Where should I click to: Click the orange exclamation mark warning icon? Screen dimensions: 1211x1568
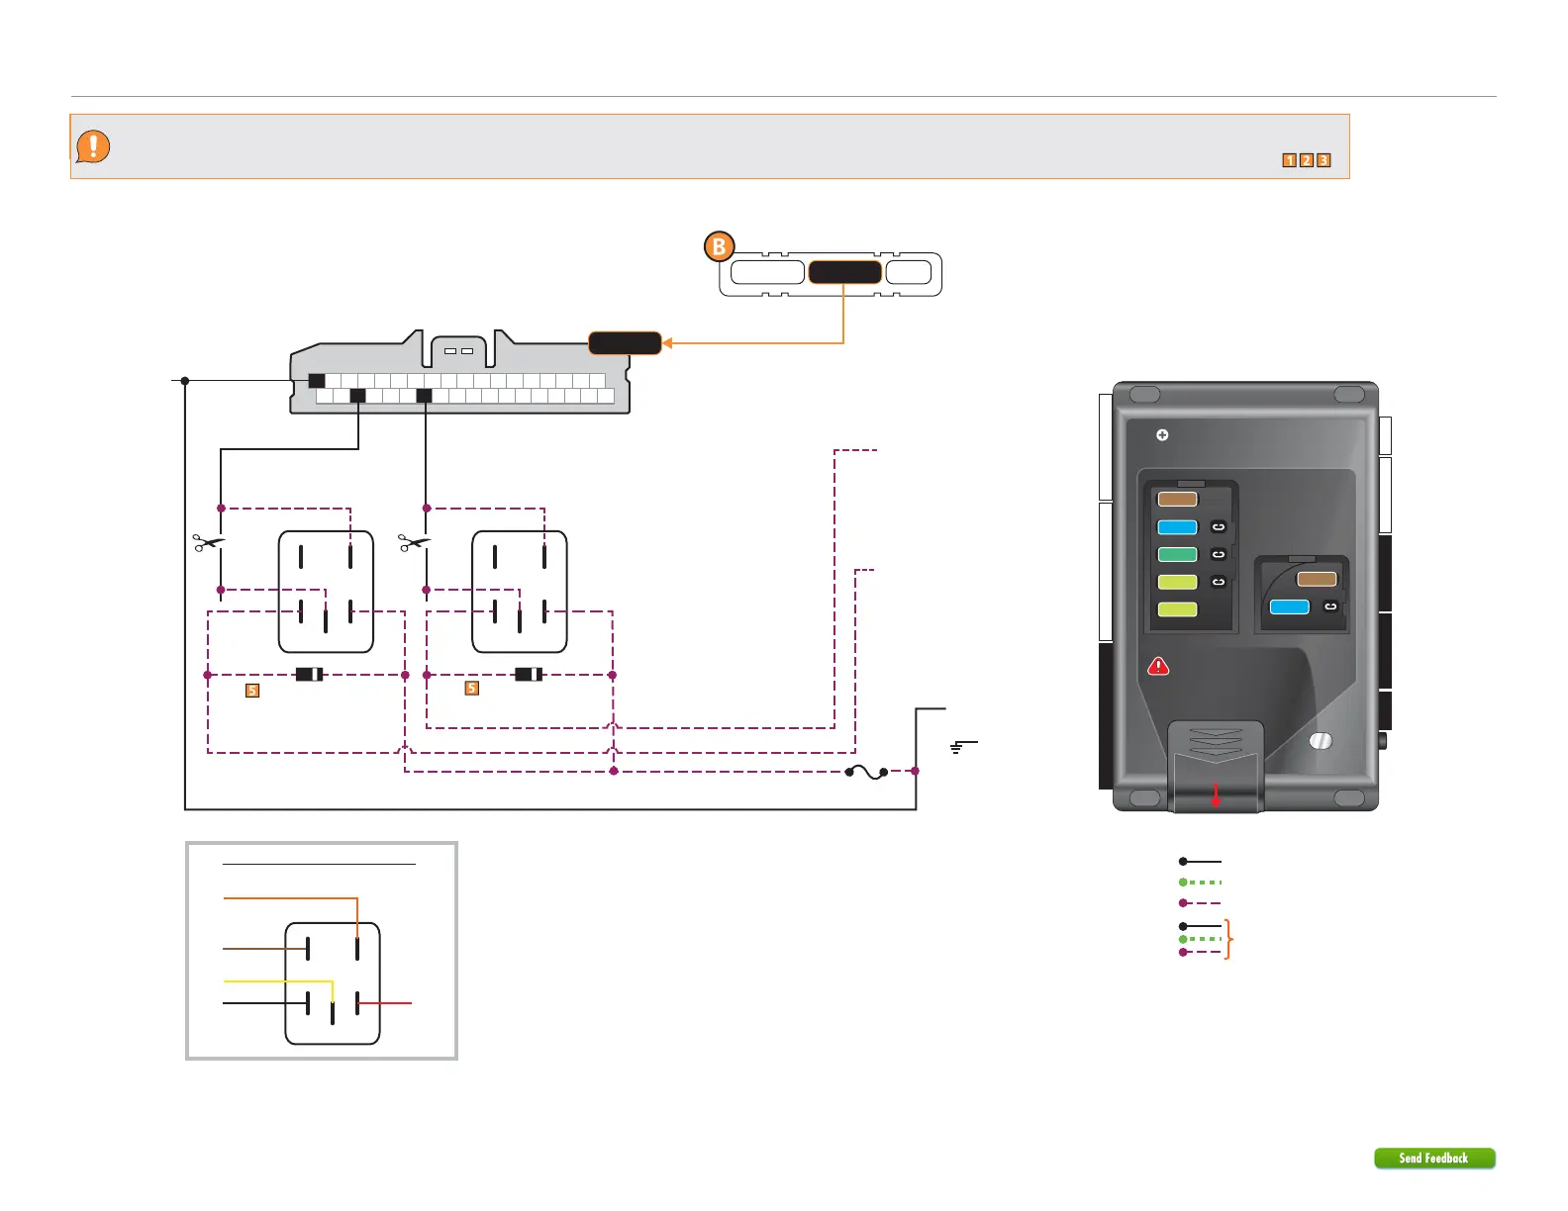pyautogui.click(x=93, y=146)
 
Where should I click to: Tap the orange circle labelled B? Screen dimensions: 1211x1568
pyautogui.click(x=720, y=246)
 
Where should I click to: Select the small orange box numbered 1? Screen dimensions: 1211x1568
pyautogui.click(x=1289, y=160)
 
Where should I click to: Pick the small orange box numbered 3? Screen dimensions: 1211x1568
pyautogui.click(x=1323, y=160)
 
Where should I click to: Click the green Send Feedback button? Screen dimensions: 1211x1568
pyautogui.click(x=1433, y=1158)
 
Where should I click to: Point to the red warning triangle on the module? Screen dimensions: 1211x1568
pyautogui.click(x=1158, y=667)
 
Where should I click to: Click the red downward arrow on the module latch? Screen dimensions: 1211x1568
pyautogui.click(x=1217, y=796)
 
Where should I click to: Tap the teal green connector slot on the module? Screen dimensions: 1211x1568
pyautogui.click(x=1177, y=555)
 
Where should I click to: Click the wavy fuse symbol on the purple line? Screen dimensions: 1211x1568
pyautogui.click(x=866, y=772)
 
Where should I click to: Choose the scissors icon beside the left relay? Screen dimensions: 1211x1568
pyautogui.click(x=208, y=542)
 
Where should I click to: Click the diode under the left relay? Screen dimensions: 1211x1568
pyautogui.click(x=309, y=675)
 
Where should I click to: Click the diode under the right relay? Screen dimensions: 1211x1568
pyautogui.click(x=529, y=675)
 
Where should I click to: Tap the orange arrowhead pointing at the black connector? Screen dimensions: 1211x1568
pyautogui.click(x=668, y=343)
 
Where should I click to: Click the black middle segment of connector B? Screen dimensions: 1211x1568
pyautogui.click(x=844, y=272)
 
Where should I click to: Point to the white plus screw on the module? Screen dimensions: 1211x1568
pyautogui.click(x=1162, y=435)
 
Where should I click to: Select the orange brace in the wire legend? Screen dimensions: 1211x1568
pyautogui.click(x=1228, y=939)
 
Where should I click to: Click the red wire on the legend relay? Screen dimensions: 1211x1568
pyautogui.click(x=386, y=1003)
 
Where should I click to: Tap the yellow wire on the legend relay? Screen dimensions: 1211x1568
pyautogui.click(x=277, y=981)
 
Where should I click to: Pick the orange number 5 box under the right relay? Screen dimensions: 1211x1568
pyautogui.click(x=472, y=689)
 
